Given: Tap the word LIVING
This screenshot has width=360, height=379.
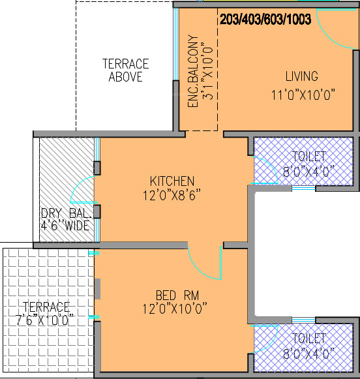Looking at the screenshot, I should pyautogui.click(x=301, y=76).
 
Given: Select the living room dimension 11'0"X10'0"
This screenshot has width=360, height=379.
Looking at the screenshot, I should pyautogui.click(x=303, y=95).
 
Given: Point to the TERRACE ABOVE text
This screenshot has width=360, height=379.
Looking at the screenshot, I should pyautogui.click(x=126, y=70).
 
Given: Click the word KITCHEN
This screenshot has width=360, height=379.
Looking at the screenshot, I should pyautogui.click(x=172, y=181).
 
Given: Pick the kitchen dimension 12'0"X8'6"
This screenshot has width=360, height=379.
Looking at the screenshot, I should pyautogui.click(x=172, y=194).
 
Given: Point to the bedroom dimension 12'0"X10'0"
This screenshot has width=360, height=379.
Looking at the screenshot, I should pyautogui.click(x=175, y=307).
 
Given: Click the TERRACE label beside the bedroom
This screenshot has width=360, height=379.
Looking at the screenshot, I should pyautogui.click(x=46, y=307).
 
